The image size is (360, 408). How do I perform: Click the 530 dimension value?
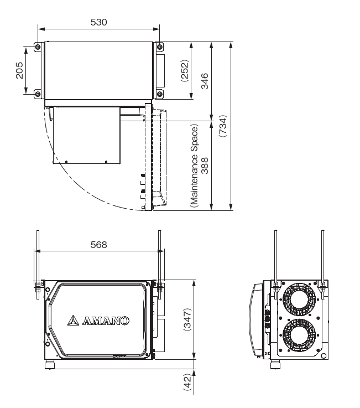98,22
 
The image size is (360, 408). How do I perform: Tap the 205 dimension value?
19,70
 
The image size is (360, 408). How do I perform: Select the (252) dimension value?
185,70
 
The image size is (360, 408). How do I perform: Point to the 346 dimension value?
205,81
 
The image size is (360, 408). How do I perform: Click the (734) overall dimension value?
223,126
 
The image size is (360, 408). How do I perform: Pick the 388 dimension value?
205,166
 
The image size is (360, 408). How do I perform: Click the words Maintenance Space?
195,166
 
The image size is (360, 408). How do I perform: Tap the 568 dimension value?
98,245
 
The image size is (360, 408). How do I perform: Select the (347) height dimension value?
187,319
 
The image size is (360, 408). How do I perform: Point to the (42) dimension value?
187,382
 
